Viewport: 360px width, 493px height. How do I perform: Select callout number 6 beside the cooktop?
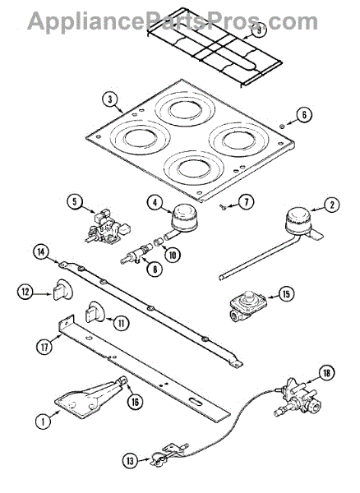(x=304, y=116)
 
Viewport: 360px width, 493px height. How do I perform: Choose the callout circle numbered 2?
(x=331, y=205)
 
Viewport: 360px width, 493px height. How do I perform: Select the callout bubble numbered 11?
(x=121, y=323)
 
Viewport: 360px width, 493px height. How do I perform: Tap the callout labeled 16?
(x=133, y=400)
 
